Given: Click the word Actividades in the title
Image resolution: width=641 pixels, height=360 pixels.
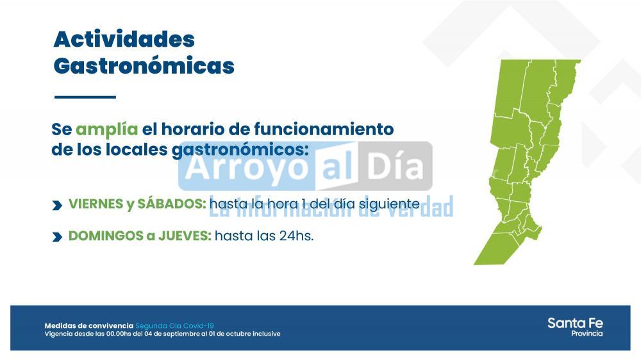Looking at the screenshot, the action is (124, 39).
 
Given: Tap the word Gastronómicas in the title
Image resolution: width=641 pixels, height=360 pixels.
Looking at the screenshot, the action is (144, 66).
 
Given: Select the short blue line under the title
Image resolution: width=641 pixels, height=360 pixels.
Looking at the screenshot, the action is (85, 97).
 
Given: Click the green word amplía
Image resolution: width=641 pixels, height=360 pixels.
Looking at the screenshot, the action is (106, 129).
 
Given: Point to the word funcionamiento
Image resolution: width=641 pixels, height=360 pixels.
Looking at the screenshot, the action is (324, 129).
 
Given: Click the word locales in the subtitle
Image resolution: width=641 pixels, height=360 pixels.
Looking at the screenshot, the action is (137, 149).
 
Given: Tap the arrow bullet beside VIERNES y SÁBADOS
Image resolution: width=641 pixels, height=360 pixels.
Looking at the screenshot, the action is (57, 205).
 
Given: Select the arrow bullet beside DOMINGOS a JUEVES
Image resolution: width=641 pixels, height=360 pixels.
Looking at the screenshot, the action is (57, 237).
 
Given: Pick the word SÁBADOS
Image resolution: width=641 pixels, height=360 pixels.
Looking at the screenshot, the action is (171, 204).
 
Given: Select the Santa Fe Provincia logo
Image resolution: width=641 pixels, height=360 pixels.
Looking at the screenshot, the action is (575, 327).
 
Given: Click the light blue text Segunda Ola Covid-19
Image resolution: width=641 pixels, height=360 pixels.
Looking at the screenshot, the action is (174, 325).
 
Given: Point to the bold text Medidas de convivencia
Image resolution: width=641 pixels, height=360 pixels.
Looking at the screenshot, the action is (88, 325).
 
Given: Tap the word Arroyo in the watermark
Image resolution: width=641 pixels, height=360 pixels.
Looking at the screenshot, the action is (247, 167).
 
